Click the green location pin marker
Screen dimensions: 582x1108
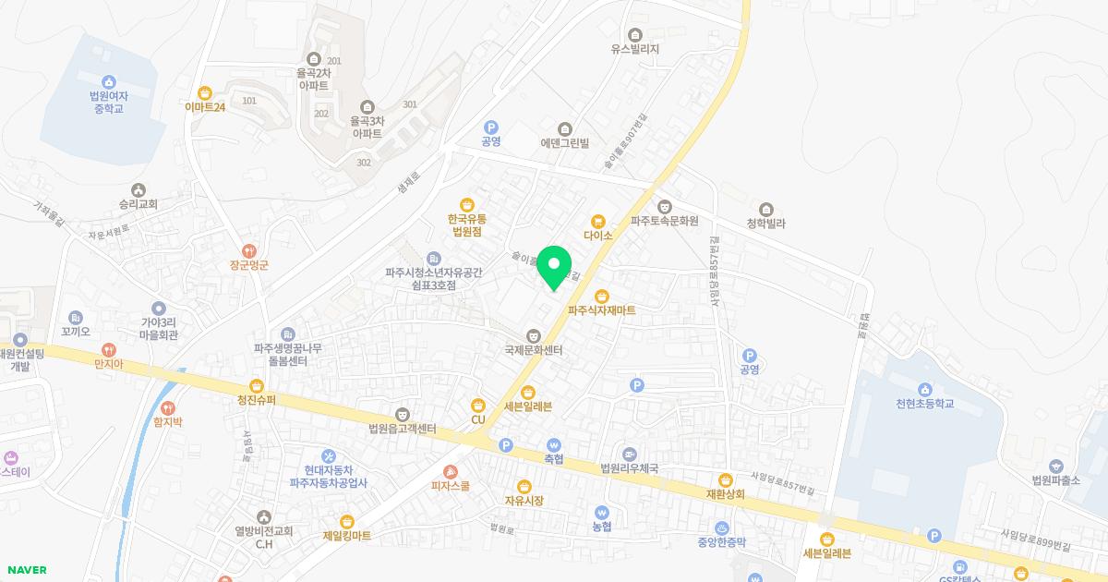[x=554, y=266]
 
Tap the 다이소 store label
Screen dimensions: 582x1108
[x=598, y=236]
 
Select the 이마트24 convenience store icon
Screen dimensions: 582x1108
[x=205, y=92]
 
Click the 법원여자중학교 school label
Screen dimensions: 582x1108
[x=107, y=102]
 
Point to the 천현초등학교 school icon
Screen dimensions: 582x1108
[x=924, y=388]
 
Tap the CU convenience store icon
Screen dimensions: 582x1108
[x=478, y=405]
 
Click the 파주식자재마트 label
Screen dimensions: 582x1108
[x=601, y=310]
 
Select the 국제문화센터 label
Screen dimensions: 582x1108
[x=534, y=350]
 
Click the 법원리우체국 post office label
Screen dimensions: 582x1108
[x=629, y=468]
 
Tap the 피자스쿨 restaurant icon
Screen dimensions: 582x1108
[x=451, y=470]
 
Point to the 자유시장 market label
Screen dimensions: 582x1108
[x=524, y=501]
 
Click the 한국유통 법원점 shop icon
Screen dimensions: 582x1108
[x=467, y=204]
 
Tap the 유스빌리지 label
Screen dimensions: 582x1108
[x=634, y=49]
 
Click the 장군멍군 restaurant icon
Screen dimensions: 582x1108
[x=248, y=250]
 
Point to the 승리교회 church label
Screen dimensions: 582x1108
[x=138, y=204]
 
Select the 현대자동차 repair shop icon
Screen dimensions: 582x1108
[x=329, y=456]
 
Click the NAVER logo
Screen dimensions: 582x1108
[x=27, y=570]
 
